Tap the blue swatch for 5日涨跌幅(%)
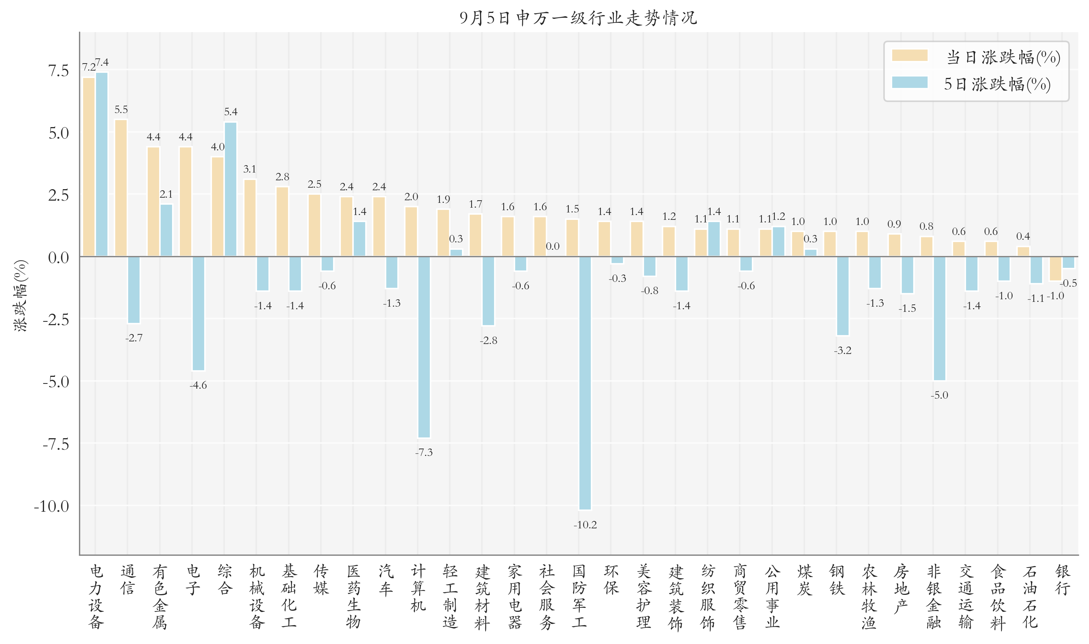point(909,82)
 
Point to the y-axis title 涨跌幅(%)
point(20,296)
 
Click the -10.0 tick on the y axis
point(52,506)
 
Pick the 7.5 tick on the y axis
point(58,70)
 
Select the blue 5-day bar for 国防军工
point(585,383)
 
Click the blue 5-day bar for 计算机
point(424,347)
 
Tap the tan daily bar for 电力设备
point(89,167)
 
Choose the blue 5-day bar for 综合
point(230,189)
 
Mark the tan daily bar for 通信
point(121,188)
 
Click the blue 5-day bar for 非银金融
point(939,318)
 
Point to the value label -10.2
point(585,525)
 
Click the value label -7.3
point(423,453)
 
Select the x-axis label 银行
point(1062,580)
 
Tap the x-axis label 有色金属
point(160,597)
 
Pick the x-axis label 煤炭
point(805,580)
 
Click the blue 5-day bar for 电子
point(198,313)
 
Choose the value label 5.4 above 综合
point(230,112)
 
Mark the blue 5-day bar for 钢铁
point(842,296)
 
